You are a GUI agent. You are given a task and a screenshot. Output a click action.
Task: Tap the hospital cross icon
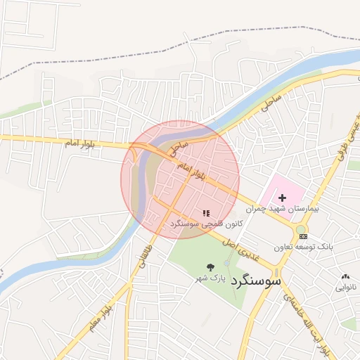(x=283, y=199)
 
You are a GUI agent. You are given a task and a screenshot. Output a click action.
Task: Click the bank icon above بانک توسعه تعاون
(x=303, y=236)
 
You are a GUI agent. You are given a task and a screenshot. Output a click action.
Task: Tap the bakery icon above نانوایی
(x=345, y=277)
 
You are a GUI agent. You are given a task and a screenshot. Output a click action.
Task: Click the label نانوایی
(x=345, y=288)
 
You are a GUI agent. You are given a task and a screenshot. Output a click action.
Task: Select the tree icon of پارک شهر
(x=210, y=266)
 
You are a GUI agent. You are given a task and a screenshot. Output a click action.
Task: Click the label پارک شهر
(x=211, y=279)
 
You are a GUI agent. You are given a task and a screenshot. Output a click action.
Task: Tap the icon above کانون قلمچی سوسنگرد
(x=205, y=213)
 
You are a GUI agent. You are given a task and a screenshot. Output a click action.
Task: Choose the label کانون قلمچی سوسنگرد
(x=206, y=224)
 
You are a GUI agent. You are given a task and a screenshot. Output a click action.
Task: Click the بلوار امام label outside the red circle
(x=79, y=143)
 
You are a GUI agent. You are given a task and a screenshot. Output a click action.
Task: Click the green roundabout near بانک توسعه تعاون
(x=302, y=230)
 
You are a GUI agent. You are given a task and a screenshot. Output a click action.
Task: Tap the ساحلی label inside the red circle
(x=179, y=147)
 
